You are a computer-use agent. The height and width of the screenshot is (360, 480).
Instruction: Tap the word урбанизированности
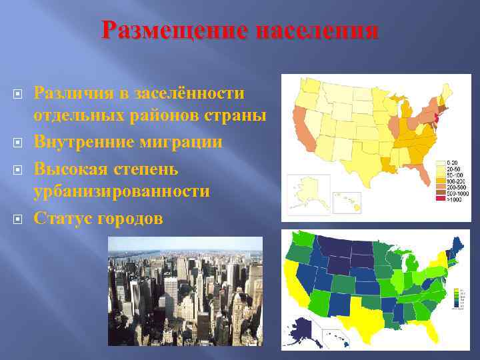tap(122, 191)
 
